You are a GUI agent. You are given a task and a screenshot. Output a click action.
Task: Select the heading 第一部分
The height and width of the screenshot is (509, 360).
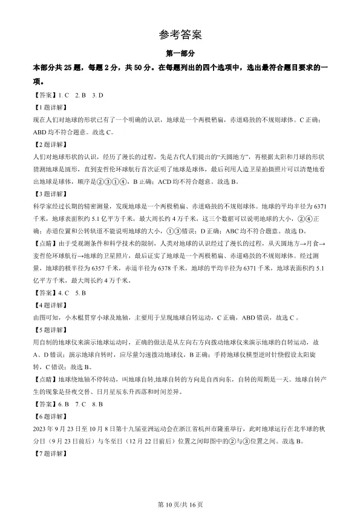[180, 54]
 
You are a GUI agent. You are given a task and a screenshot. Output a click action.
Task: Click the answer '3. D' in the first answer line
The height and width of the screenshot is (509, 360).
[97, 95]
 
